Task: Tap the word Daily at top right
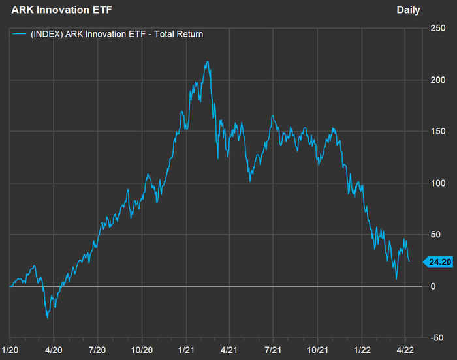tap(408, 10)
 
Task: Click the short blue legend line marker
tap(20, 34)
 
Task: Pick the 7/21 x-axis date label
tap(274, 350)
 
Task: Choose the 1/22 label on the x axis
tap(363, 350)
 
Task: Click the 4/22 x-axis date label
tap(405, 350)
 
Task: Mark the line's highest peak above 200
tap(207, 62)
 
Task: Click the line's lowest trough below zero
tap(48, 318)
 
